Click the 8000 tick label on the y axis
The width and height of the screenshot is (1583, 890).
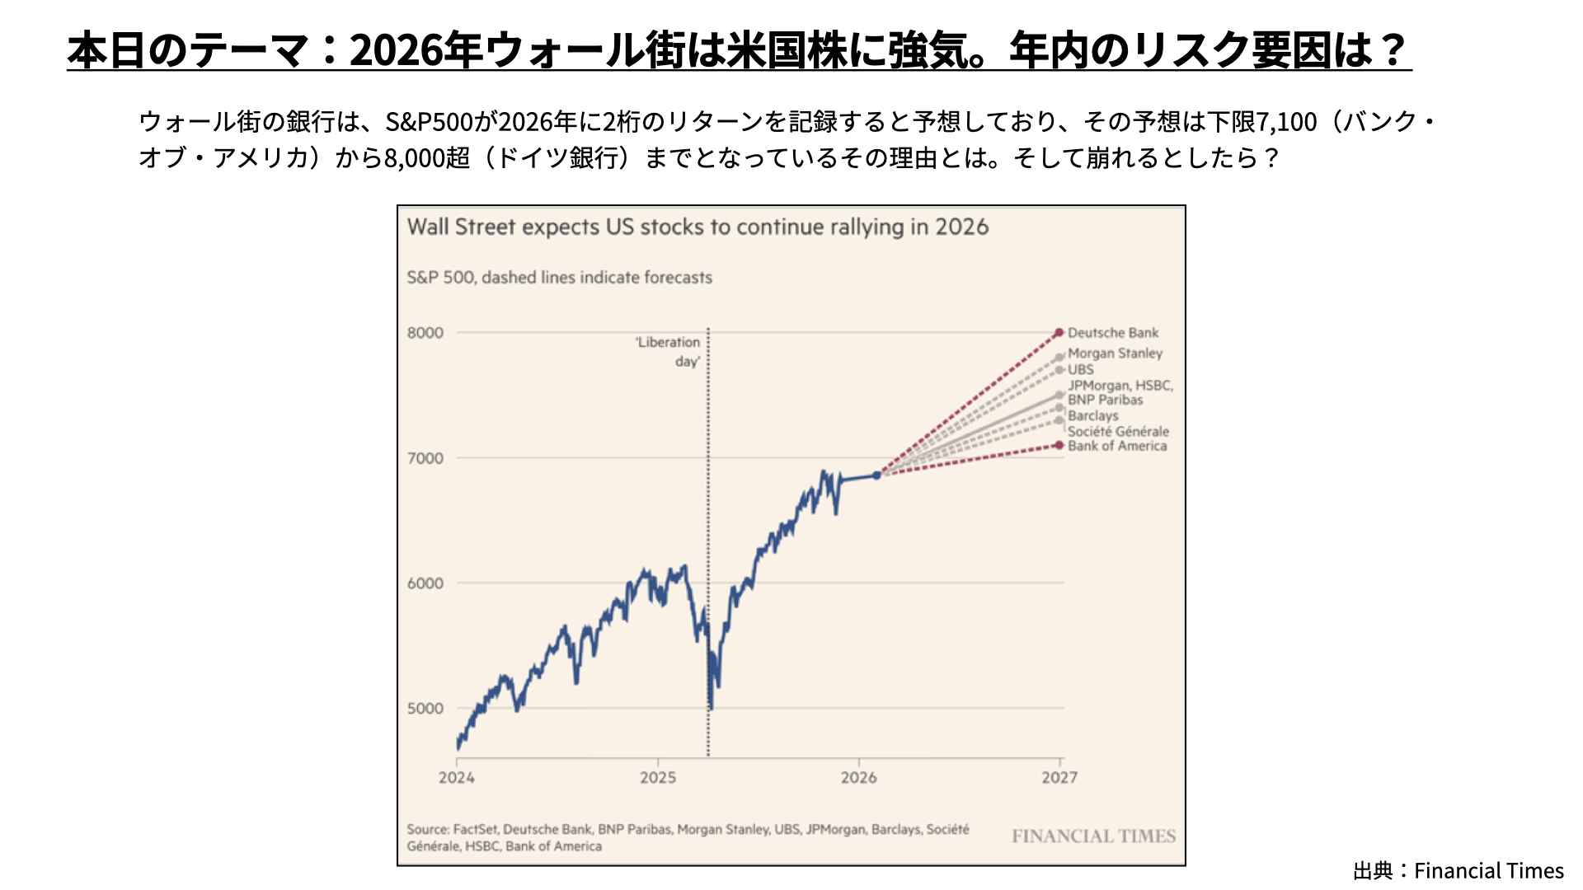[x=425, y=333]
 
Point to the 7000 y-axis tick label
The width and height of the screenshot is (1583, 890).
[x=425, y=458]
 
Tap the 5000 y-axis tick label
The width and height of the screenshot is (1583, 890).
[x=425, y=709]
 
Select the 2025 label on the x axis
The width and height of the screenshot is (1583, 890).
[x=658, y=777]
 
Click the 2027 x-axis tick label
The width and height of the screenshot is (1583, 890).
[x=1059, y=777]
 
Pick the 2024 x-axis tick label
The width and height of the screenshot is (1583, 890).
[x=457, y=777]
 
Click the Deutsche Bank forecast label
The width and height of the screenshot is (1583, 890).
[x=1113, y=333]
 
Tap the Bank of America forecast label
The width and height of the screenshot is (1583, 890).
[x=1117, y=446]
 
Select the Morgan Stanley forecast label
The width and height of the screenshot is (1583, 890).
[x=1115, y=354]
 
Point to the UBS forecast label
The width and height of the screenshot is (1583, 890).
[x=1080, y=370]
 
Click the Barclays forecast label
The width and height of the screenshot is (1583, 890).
[x=1093, y=415]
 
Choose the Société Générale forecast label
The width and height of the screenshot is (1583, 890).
[x=1118, y=431]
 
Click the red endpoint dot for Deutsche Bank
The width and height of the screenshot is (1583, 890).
[x=1059, y=333]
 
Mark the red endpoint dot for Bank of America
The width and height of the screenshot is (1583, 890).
[x=1059, y=445]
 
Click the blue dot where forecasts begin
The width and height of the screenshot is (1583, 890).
[x=876, y=475]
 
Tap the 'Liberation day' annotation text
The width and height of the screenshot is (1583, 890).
[x=668, y=351]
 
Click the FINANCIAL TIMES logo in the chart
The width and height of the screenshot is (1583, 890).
[x=1093, y=836]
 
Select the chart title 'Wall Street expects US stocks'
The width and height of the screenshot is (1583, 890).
[x=698, y=227]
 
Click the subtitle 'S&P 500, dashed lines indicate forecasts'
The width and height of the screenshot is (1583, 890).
[x=559, y=278]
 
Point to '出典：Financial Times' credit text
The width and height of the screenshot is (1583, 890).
[x=1458, y=870]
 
